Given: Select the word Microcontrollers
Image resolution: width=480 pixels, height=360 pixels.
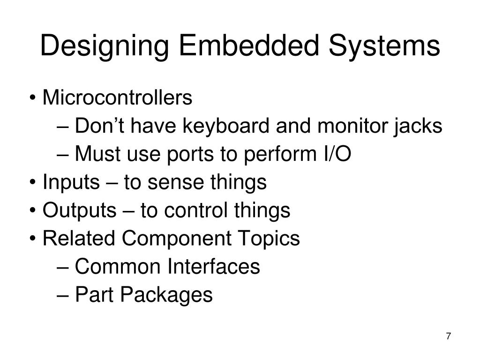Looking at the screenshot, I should click(117, 98).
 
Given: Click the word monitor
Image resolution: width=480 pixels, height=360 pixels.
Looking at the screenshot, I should click(348, 127).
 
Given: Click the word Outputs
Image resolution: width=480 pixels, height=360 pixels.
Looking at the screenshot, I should click(79, 211).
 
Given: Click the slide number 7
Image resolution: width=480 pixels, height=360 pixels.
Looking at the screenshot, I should click(449, 337).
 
